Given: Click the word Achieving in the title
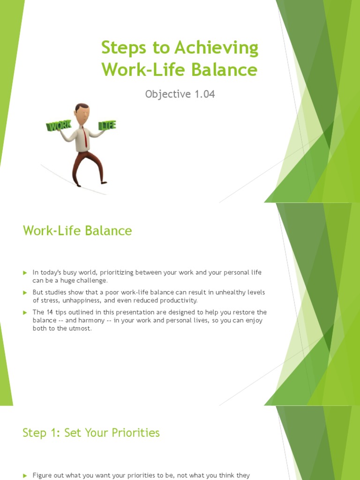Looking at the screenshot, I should pos(217,49).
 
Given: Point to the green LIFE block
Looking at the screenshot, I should pos(107,125).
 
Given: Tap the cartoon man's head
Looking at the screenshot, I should pos(82,112).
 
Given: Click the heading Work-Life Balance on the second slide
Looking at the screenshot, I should pos(77,231).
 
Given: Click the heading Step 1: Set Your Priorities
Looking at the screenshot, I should pos(91,433).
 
